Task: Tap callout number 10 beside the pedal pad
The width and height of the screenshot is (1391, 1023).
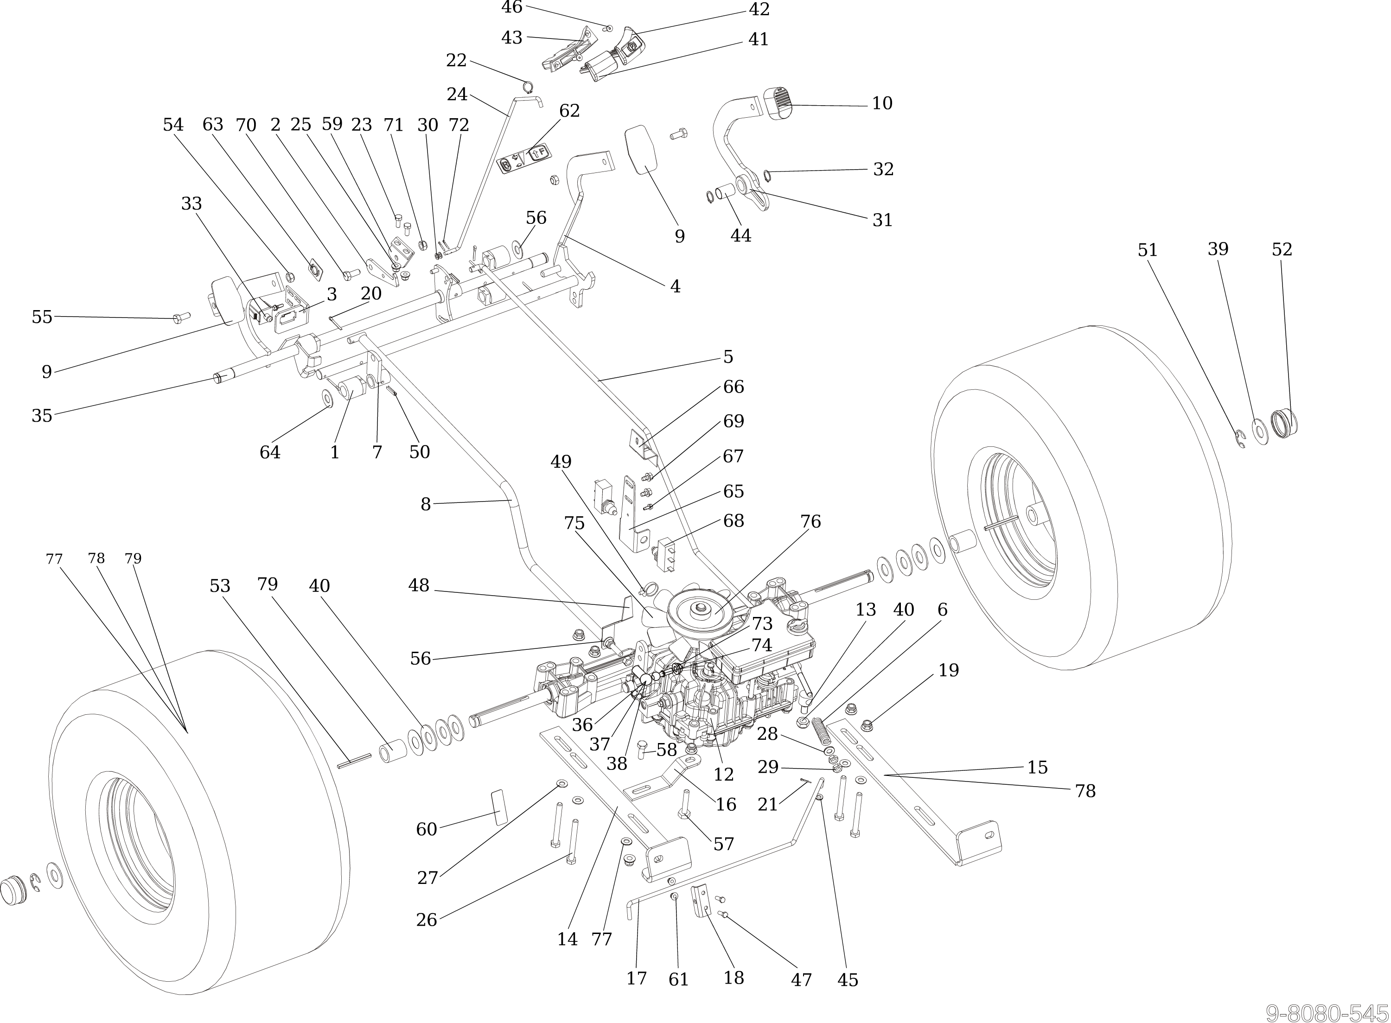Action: (882, 103)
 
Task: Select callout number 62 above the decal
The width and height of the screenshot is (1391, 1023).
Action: (569, 111)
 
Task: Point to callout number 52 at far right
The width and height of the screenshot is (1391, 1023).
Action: (1282, 249)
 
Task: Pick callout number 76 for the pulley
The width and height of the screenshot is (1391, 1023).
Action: (810, 522)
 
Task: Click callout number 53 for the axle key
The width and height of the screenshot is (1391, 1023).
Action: (220, 586)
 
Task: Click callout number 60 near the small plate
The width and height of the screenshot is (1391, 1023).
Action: (427, 829)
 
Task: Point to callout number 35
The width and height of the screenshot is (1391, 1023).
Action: (42, 415)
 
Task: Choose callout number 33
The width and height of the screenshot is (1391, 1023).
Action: (191, 204)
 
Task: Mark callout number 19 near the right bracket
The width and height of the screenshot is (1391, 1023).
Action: (948, 671)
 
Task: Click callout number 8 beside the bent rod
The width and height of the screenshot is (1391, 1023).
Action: (426, 505)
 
